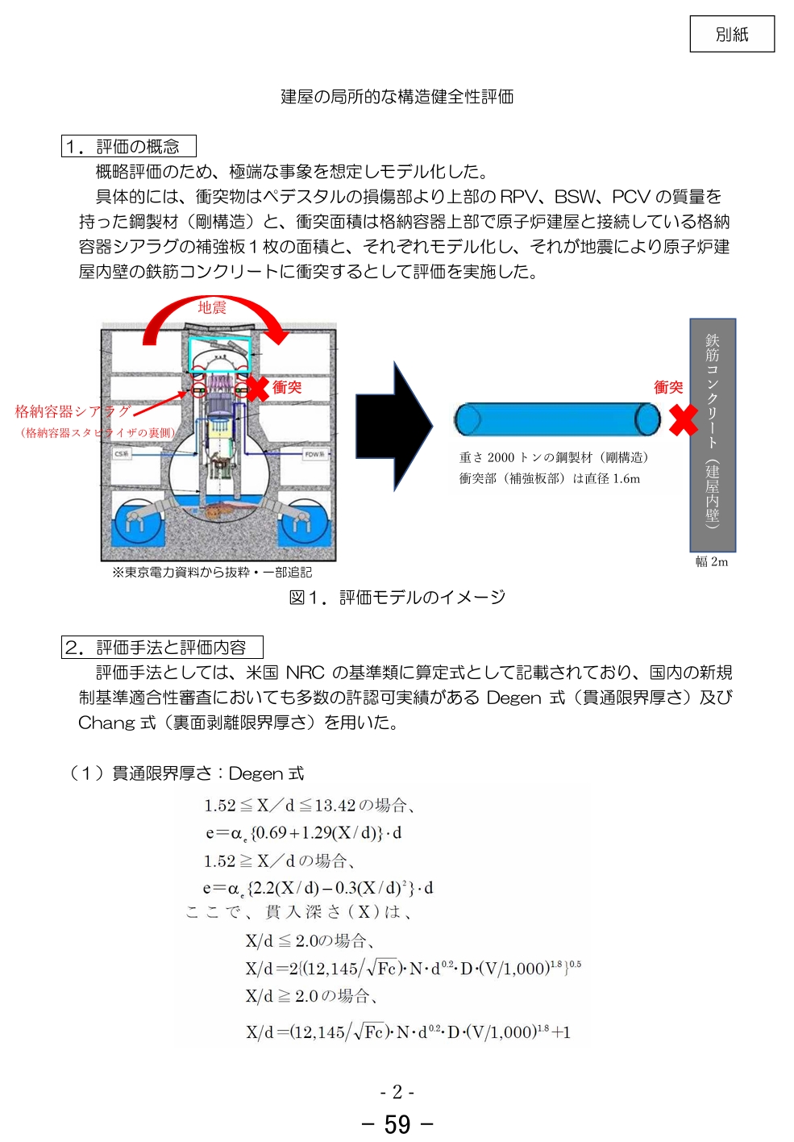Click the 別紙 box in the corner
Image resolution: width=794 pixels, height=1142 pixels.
(x=731, y=34)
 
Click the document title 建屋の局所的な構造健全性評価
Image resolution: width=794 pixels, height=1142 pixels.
(x=397, y=97)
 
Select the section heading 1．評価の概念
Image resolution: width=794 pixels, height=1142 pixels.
(x=129, y=146)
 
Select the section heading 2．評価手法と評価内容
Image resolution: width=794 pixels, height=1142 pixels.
(x=162, y=647)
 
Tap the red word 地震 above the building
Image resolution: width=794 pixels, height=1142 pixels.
(x=212, y=307)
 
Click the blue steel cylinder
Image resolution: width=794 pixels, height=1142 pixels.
(x=556, y=419)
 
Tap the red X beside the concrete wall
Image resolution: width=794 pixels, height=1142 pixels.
(x=683, y=419)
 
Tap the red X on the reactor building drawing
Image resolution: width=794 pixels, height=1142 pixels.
(x=257, y=388)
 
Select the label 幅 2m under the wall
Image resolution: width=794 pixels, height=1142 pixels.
(x=712, y=562)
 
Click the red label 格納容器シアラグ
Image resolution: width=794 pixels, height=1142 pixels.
(x=73, y=411)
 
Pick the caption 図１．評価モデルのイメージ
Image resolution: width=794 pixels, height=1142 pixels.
(x=397, y=597)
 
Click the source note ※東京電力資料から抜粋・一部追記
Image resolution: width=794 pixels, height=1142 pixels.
(x=212, y=572)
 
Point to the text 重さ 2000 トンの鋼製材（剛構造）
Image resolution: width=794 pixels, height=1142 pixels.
(x=554, y=457)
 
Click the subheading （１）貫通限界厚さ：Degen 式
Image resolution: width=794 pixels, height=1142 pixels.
(x=185, y=773)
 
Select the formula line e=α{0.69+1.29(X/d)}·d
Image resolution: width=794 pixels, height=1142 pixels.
(x=303, y=832)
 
